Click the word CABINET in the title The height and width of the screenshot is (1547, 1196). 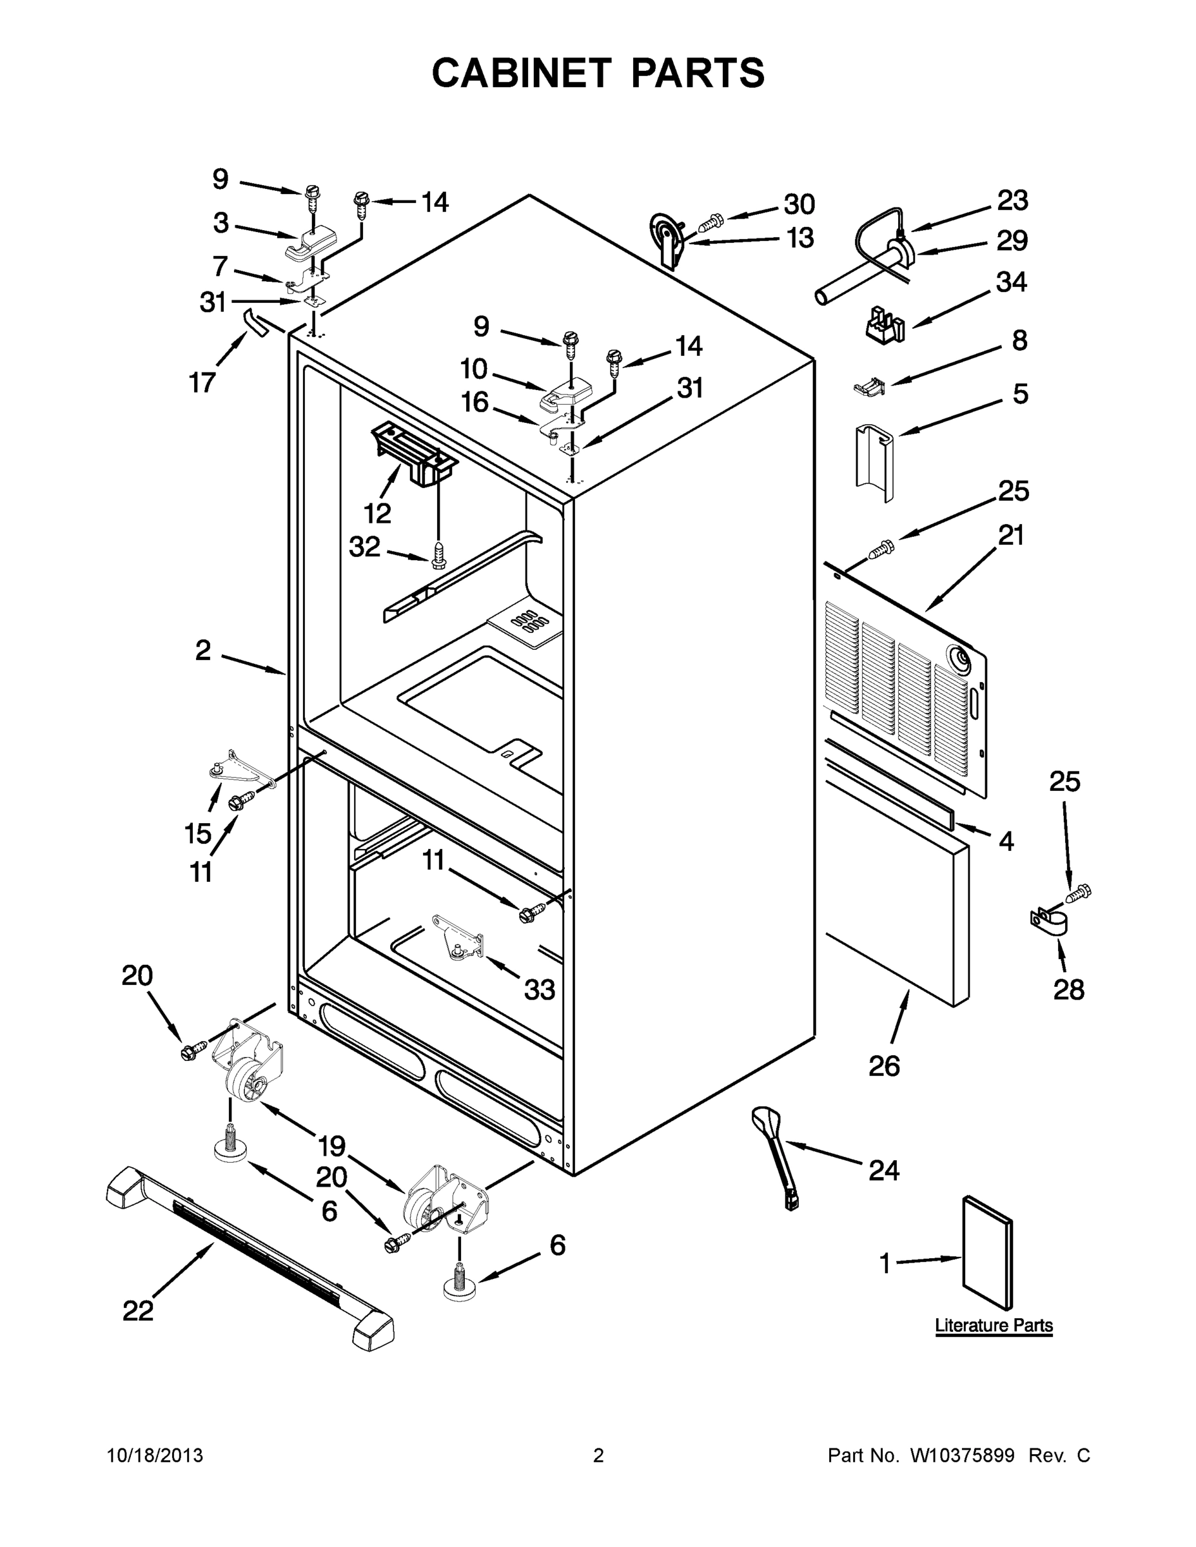click(x=521, y=73)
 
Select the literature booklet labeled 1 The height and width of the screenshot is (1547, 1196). click(x=987, y=1254)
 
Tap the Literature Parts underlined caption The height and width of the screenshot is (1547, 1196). click(x=994, y=1325)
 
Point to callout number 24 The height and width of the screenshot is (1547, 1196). click(x=883, y=1170)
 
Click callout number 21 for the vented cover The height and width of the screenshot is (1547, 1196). click(x=1010, y=535)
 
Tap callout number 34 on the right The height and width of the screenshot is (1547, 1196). click(x=1011, y=282)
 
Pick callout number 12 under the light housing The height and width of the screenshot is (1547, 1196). click(x=377, y=512)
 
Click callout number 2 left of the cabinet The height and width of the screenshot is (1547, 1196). click(x=202, y=650)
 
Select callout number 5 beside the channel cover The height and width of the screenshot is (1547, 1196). click(x=1019, y=393)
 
